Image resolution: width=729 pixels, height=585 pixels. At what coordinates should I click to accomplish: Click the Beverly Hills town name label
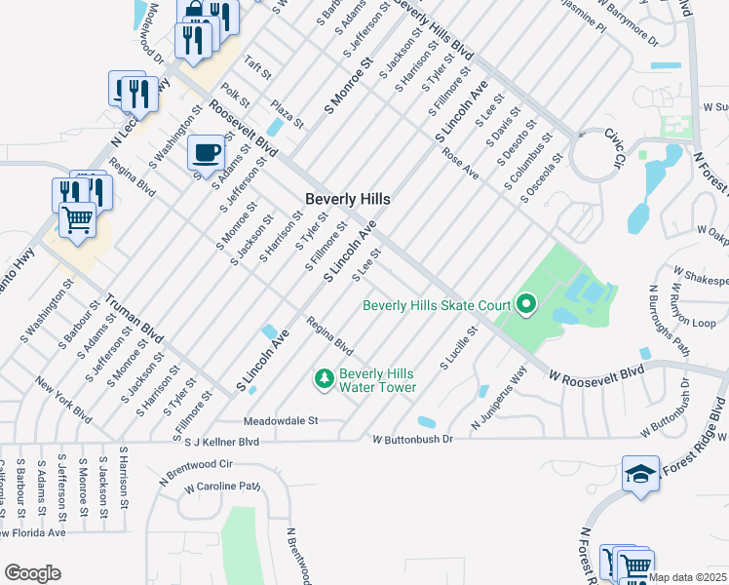click(x=348, y=198)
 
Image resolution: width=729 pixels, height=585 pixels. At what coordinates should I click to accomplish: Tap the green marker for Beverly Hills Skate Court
click(x=526, y=306)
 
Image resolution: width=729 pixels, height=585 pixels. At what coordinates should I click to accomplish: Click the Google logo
click(x=32, y=573)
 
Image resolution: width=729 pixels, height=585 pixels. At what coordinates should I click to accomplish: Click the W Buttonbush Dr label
click(x=413, y=441)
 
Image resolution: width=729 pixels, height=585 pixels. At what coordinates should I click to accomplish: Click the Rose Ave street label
click(x=461, y=164)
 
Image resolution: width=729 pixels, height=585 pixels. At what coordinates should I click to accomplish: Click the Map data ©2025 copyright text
click(x=686, y=577)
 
